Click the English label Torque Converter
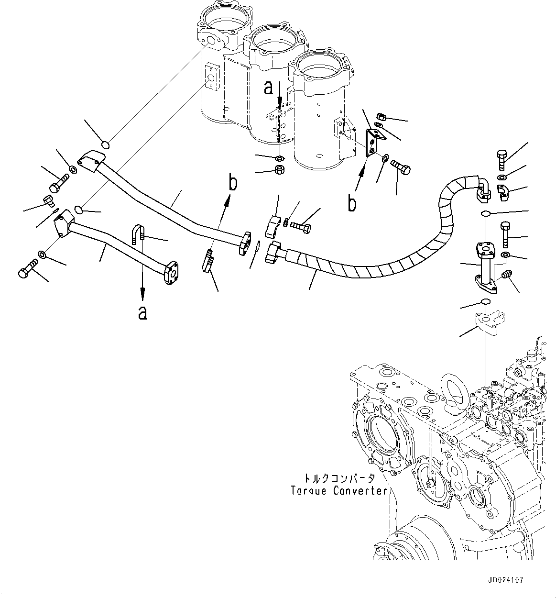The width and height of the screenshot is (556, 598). coord(338,491)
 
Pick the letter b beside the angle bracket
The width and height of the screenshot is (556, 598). coord(352,203)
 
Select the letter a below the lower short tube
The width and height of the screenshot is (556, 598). coord(142,313)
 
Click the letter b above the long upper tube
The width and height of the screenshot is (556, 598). coord(232,183)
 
